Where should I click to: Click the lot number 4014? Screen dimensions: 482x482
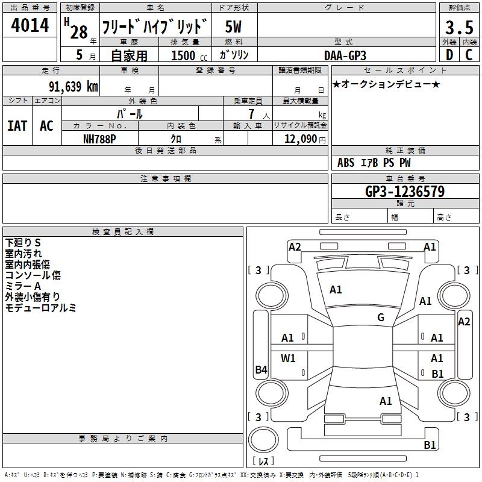click(30, 25)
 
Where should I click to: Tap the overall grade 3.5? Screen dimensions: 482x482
click(459, 28)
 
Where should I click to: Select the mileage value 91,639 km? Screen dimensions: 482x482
click(74, 86)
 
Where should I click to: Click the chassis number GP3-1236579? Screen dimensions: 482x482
click(405, 192)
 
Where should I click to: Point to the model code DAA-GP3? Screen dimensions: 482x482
click(345, 55)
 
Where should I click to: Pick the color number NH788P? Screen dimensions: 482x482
click(99, 139)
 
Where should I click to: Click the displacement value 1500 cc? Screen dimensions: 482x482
click(189, 55)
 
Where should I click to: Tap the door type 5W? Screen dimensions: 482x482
click(233, 27)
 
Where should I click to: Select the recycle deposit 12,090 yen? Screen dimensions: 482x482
click(305, 139)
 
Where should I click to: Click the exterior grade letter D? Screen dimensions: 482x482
click(449, 55)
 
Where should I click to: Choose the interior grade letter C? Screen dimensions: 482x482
click(469, 55)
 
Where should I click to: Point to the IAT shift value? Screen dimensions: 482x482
click(17, 126)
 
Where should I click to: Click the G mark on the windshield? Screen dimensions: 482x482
click(381, 318)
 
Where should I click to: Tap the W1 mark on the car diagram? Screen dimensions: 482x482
click(288, 358)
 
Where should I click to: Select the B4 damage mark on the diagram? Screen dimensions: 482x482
click(261, 369)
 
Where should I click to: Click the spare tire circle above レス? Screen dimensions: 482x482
click(263, 440)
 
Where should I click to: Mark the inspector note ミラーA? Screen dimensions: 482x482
click(23, 286)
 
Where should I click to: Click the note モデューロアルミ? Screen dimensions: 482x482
click(40, 308)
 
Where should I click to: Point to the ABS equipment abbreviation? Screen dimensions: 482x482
click(346, 163)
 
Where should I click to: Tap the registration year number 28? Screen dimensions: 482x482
click(79, 32)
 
